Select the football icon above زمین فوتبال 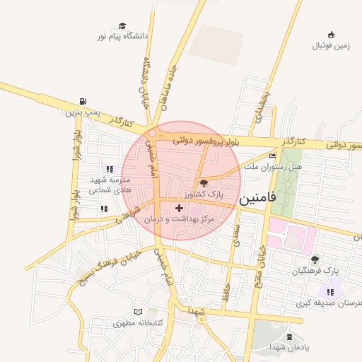tap(331, 35)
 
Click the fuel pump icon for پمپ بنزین tap(84, 101)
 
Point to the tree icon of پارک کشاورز tap(204, 182)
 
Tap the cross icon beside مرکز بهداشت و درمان tap(179, 208)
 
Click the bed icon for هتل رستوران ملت tap(273, 156)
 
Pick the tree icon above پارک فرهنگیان tap(315, 259)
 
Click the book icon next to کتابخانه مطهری tap(138, 311)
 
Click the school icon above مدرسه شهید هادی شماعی tap(109, 169)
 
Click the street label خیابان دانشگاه tap(147, 82)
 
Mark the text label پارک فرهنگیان tap(315, 271)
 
